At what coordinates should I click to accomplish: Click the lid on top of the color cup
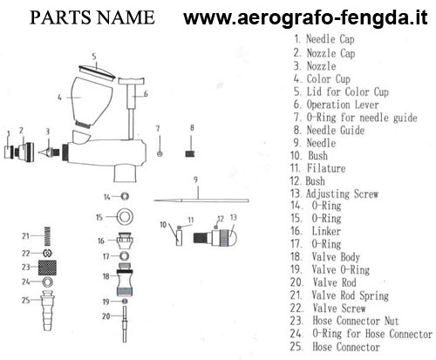click(98, 72)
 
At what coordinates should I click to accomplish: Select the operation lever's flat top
click(132, 81)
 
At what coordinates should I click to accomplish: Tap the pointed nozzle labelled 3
click(49, 152)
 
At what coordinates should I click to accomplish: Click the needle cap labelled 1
click(9, 153)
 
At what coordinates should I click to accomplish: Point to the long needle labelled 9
click(201, 200)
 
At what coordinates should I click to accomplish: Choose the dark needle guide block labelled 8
click(190, 153)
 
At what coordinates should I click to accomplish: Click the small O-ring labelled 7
click(160, 153)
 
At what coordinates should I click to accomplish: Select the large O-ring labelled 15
click(125, 217)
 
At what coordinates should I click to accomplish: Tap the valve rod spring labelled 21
click(48, 236)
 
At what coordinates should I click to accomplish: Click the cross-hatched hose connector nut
click(47, 268)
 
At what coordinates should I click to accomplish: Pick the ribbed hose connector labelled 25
click(48, 310)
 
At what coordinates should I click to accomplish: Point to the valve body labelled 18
click(125, 279)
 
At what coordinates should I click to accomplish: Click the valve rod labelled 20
click(125, 323)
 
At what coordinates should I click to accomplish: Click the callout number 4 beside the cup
click(59, 98)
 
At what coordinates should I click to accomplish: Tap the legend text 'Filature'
click(326, 168)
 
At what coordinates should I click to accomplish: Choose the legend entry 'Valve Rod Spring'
click(350, 295)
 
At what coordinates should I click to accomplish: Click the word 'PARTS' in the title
click(60, 17)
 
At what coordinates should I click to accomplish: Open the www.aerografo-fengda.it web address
click(305, 17)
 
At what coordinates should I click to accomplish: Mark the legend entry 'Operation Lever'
click(343, 105)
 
